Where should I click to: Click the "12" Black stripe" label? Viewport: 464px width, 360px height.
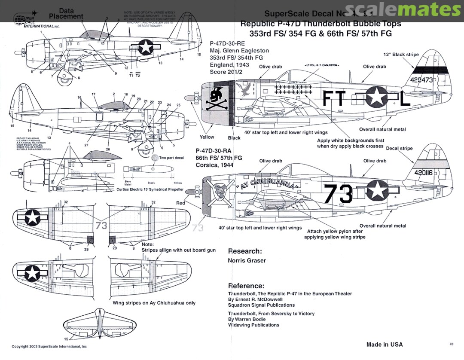401,55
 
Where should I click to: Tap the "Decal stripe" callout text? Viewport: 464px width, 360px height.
399,148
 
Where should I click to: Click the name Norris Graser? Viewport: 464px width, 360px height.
247,260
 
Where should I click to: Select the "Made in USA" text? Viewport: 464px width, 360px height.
385,344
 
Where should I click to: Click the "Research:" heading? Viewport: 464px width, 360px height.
244,251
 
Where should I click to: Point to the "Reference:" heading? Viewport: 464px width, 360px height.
246,286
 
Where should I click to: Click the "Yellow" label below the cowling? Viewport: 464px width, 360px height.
207,137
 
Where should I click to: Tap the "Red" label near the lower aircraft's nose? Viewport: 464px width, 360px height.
180,202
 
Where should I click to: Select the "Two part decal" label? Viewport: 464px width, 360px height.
171,158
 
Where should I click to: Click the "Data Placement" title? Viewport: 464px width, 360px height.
66,13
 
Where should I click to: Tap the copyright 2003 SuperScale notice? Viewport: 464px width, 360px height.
49,346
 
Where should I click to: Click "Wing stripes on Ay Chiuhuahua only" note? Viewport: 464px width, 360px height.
154,303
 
